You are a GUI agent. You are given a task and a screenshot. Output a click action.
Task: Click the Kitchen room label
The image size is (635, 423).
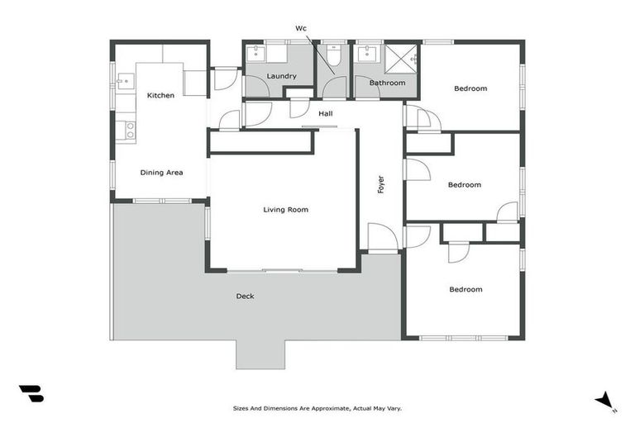(x=160, y=96)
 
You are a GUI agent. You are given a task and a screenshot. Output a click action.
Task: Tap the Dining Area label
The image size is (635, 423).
(x=161, y=173)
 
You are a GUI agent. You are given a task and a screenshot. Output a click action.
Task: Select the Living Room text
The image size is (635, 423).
(x=286, y=210)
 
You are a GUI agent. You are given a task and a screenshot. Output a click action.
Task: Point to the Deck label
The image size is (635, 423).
(x=245, y=296)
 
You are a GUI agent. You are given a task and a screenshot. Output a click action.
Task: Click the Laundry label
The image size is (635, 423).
(x=282, y=77)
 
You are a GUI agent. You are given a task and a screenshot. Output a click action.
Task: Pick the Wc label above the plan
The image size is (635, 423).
(x=301, y=28)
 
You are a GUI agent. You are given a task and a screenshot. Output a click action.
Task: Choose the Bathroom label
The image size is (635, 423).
(x=387, y=83)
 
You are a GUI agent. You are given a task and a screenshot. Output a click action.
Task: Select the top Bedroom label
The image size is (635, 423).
(x=470, y=88)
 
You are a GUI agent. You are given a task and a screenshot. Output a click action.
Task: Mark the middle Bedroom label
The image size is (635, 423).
(x=464, y=185)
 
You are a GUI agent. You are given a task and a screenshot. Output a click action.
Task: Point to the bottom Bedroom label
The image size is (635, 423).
(x=466, y=289)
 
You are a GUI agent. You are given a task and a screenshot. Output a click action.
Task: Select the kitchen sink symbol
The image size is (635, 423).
(x=126, y=81)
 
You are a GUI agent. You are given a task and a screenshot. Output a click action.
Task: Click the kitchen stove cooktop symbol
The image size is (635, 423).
(x=128, y=130)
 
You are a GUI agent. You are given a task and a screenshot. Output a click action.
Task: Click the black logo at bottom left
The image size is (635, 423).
(x=31, y=394)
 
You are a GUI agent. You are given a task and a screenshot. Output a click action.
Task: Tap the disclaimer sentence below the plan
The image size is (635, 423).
(x=317, y=408)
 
